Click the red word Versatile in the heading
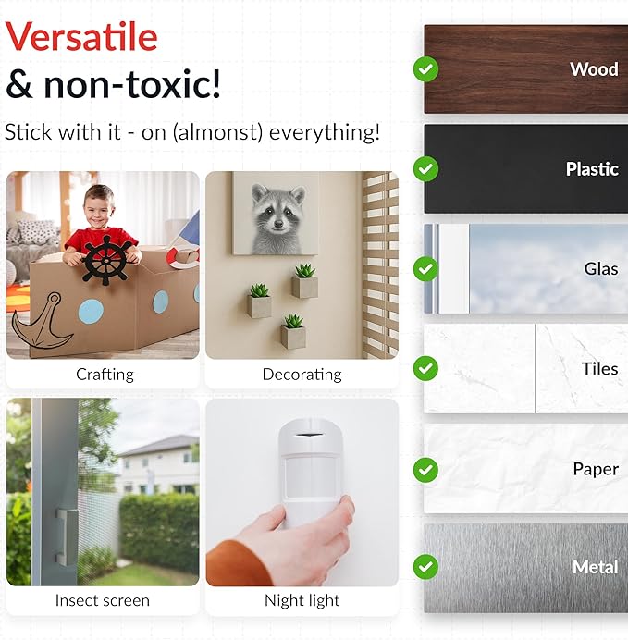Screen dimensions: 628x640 click(81, 37)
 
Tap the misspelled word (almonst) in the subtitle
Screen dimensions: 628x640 click(217, 132)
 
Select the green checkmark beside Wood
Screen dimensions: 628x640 click(425, 69)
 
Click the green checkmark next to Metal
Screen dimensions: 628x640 click(425, 567)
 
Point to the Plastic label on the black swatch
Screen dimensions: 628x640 click(592, 169)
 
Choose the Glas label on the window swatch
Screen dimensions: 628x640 click(600, 268)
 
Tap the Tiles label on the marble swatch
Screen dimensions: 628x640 click(599, 369)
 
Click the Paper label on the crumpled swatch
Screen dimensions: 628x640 click(596, 469)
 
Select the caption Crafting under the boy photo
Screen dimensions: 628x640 click(105, 375)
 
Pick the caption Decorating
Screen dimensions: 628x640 click(302, 375)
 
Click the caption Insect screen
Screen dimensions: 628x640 click(103, 600)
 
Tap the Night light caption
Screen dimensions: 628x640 click(302, 600)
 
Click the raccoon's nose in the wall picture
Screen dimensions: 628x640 click(278, 224)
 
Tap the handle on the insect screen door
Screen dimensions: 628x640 click(67, 537)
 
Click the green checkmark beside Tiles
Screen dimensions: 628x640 click(425, 369)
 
